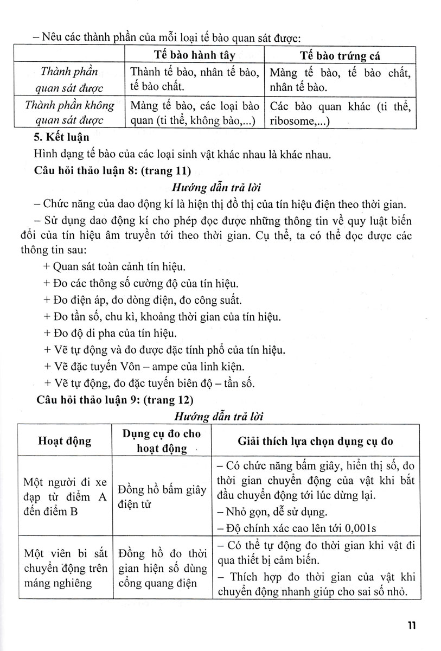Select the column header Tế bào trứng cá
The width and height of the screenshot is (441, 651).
(x=340, y=56)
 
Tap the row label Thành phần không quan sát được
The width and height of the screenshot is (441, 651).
(x=69, y=113)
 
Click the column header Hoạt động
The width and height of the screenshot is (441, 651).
(x=65, y=441)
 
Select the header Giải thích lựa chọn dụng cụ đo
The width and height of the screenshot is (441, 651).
(x=316, y=441)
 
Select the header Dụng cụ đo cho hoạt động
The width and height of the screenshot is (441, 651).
(x=161, y=441)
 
